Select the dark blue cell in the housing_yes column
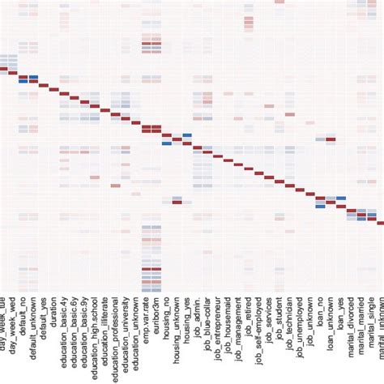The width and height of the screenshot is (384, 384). click(187, 136)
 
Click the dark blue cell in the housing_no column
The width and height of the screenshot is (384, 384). click(166, 143)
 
